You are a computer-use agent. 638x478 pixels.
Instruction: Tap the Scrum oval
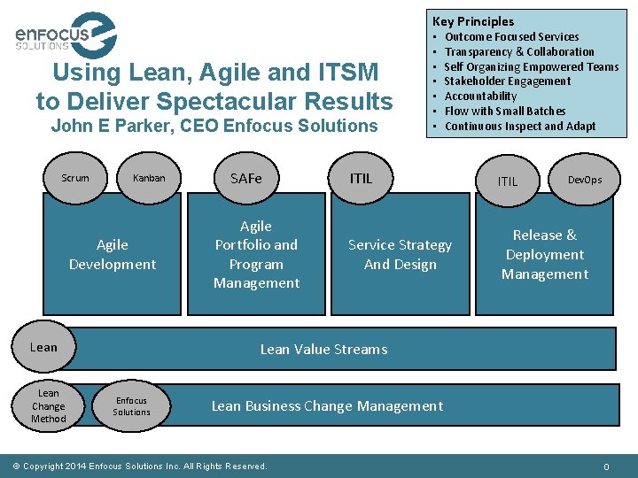(75, 178)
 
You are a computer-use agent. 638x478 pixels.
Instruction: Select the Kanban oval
(149, 178)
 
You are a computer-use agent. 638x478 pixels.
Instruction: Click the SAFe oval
(246, 178)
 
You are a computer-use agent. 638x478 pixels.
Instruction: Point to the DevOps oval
(585, 180)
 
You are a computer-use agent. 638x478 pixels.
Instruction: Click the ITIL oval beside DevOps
(508, 181)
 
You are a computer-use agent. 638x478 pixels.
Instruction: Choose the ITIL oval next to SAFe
(362, 178)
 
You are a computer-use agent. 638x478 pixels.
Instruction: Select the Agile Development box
(113, 255)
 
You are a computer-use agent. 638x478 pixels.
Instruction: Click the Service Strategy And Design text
(400, 255)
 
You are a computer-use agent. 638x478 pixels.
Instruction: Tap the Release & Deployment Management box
(545, 255)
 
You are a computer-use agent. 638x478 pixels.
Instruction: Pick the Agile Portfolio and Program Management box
(256, 255)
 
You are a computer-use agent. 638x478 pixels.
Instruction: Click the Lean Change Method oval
(49, 405)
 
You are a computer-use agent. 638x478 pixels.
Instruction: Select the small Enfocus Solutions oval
(131, 406)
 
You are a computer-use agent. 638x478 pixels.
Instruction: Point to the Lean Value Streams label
(323, 350)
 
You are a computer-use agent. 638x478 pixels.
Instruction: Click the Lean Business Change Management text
(327, 406)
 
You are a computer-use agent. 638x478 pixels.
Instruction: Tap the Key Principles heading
(473, 21)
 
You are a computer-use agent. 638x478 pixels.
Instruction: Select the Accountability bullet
(480, 96)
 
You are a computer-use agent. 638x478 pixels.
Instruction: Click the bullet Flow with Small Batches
(504, 112)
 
